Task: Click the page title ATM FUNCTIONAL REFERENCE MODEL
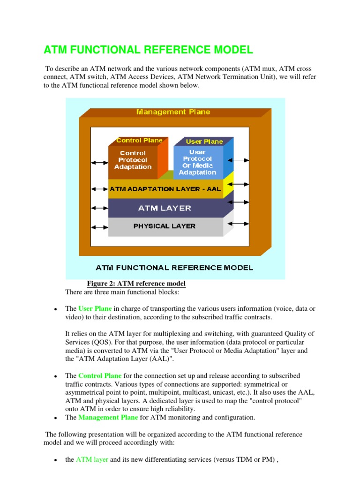(x=148, y=50)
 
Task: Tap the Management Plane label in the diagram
(x=173, y=112)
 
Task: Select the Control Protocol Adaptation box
(x=133, y=160)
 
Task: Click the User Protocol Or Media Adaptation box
(x=198, y=162)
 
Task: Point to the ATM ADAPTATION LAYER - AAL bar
(x=165, y=189)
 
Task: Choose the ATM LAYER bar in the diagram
(x=165, y=208)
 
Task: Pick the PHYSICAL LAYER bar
(x=165, y=226)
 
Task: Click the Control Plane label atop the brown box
(x=139, y=140)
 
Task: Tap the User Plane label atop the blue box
(x=204, y=141)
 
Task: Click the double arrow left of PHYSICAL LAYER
(x=99, y=227)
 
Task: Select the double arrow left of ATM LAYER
(x=99, y=207)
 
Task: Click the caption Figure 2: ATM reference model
(x=136, y=284)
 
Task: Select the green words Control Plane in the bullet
(x=100, y=376)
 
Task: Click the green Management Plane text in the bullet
(x=108, y=417)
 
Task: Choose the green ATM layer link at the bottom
(x=92, y=459)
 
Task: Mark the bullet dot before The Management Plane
(x=55, y=418)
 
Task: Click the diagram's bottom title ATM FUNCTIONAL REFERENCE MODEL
(x=174, y=268)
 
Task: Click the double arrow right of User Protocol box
(x=240, y=160)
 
